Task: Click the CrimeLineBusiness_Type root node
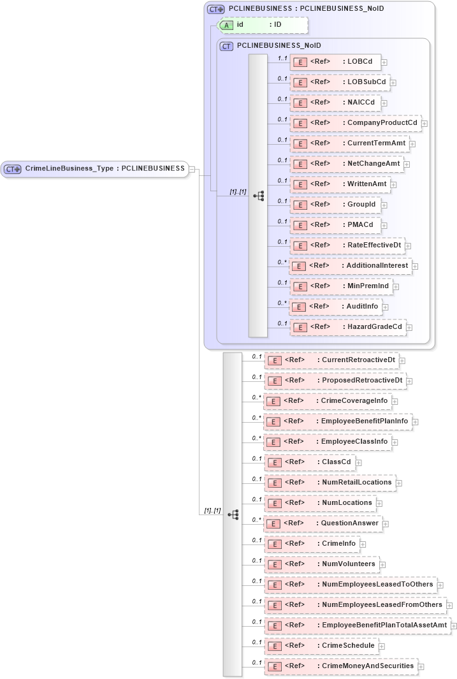95,169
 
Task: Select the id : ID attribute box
263,25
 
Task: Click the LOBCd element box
335,62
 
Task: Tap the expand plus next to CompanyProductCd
424,123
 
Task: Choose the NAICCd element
335,103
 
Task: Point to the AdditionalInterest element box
351,266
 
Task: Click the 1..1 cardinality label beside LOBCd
282,58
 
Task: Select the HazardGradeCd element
347,327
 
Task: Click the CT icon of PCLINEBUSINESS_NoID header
226,46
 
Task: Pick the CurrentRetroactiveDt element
331,360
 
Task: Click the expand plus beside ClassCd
359,462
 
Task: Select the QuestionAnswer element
323,523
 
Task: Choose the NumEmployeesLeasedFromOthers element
355,605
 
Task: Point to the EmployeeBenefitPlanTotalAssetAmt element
357,625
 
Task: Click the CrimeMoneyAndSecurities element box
341,666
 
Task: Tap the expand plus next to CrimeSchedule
382,646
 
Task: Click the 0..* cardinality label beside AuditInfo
282,303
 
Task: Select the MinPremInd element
340,286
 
